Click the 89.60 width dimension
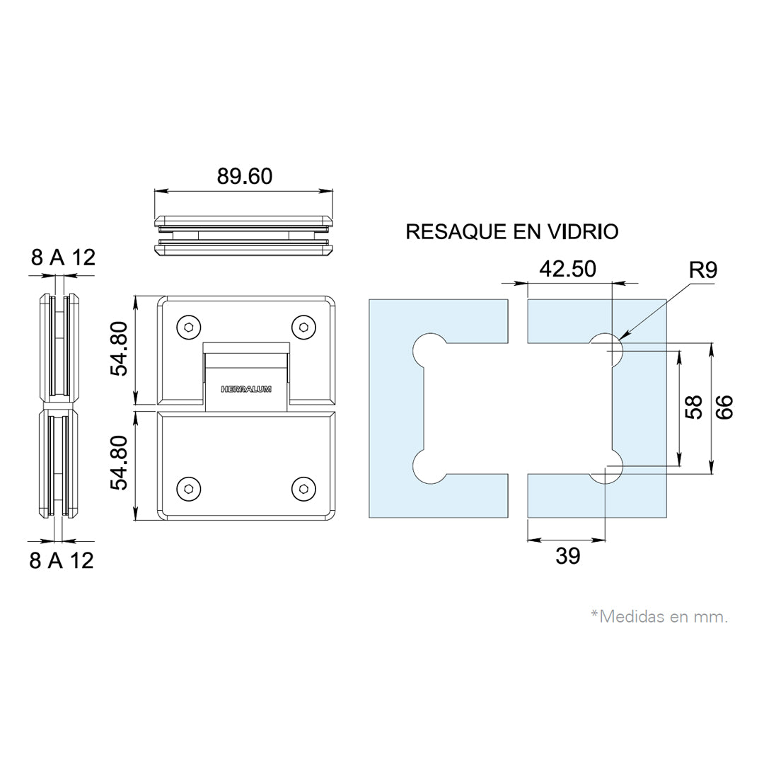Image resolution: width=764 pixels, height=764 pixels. tap(245, 176)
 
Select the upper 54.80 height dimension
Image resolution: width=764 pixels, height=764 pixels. tap(119, 348)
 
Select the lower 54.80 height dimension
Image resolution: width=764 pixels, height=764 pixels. tap(119, 463)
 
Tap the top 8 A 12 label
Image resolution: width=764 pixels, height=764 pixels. tap(64, 257)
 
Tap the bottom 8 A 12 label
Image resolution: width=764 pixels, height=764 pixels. tap(62, 561)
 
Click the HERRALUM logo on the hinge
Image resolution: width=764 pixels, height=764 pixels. tap(246, 389)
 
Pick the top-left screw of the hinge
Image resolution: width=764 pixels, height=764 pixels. tap(189, 327)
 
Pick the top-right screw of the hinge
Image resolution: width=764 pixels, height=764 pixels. tap(303, 327)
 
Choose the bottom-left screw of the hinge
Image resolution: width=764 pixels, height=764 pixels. tap(189, 489)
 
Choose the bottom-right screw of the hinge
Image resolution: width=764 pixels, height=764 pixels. tap(303, 489)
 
